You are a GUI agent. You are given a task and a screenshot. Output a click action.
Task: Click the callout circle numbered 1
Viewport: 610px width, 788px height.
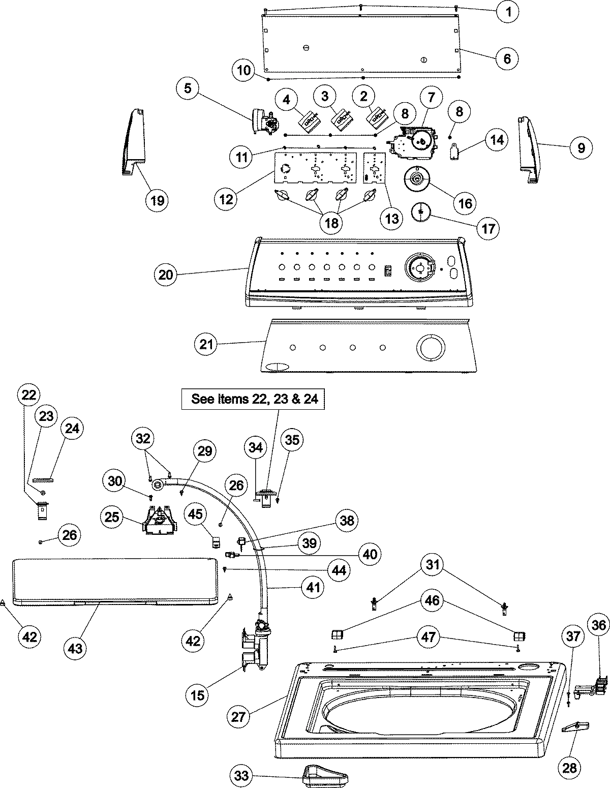[x=508, y=11]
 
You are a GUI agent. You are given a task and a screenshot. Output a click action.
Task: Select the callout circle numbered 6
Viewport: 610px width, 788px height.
[x=507, y=58]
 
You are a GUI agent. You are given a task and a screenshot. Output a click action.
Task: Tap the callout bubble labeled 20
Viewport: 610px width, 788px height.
[x=166, y=275]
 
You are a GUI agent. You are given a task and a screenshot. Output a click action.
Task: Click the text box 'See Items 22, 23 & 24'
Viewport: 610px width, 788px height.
[x=254, y=399]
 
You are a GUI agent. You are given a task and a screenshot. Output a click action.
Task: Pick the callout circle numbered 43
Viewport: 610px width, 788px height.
[x=78, y=648]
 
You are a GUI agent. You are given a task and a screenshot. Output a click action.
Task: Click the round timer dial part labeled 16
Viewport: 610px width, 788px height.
[x=417, y=179]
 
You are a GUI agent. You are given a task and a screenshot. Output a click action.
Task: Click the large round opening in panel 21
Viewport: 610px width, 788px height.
[x=431, y=347]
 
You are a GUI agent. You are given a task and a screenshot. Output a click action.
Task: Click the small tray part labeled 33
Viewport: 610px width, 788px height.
[x=325, y=774]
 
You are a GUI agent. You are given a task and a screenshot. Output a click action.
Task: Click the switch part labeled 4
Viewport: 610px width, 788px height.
[x=308, y=121]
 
